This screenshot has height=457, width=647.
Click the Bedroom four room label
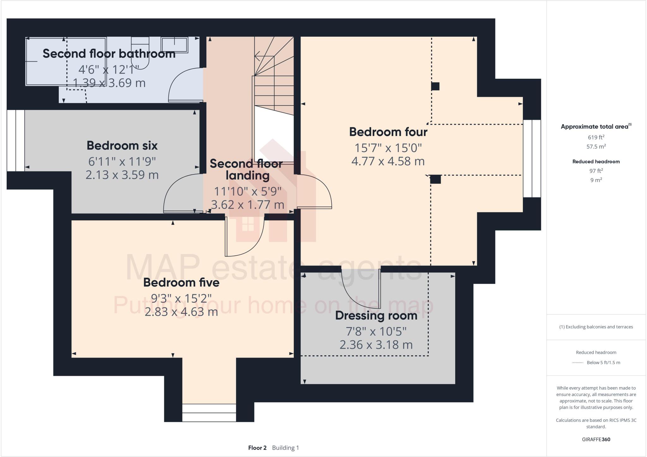388,132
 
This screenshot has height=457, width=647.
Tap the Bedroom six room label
122,145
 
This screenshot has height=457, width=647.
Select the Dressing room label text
376,315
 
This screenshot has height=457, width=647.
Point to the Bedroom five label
181,282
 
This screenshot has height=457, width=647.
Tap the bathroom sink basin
175,45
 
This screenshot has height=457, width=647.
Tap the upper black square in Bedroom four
435,86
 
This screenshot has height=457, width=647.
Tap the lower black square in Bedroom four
435,180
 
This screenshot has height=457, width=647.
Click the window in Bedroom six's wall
15,141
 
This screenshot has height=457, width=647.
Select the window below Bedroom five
209,413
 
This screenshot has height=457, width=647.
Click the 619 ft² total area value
596,137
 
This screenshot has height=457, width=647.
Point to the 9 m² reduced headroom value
596,180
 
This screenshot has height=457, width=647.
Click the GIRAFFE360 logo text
596,439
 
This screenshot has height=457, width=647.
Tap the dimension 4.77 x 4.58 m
388,161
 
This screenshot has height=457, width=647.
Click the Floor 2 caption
257,448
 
